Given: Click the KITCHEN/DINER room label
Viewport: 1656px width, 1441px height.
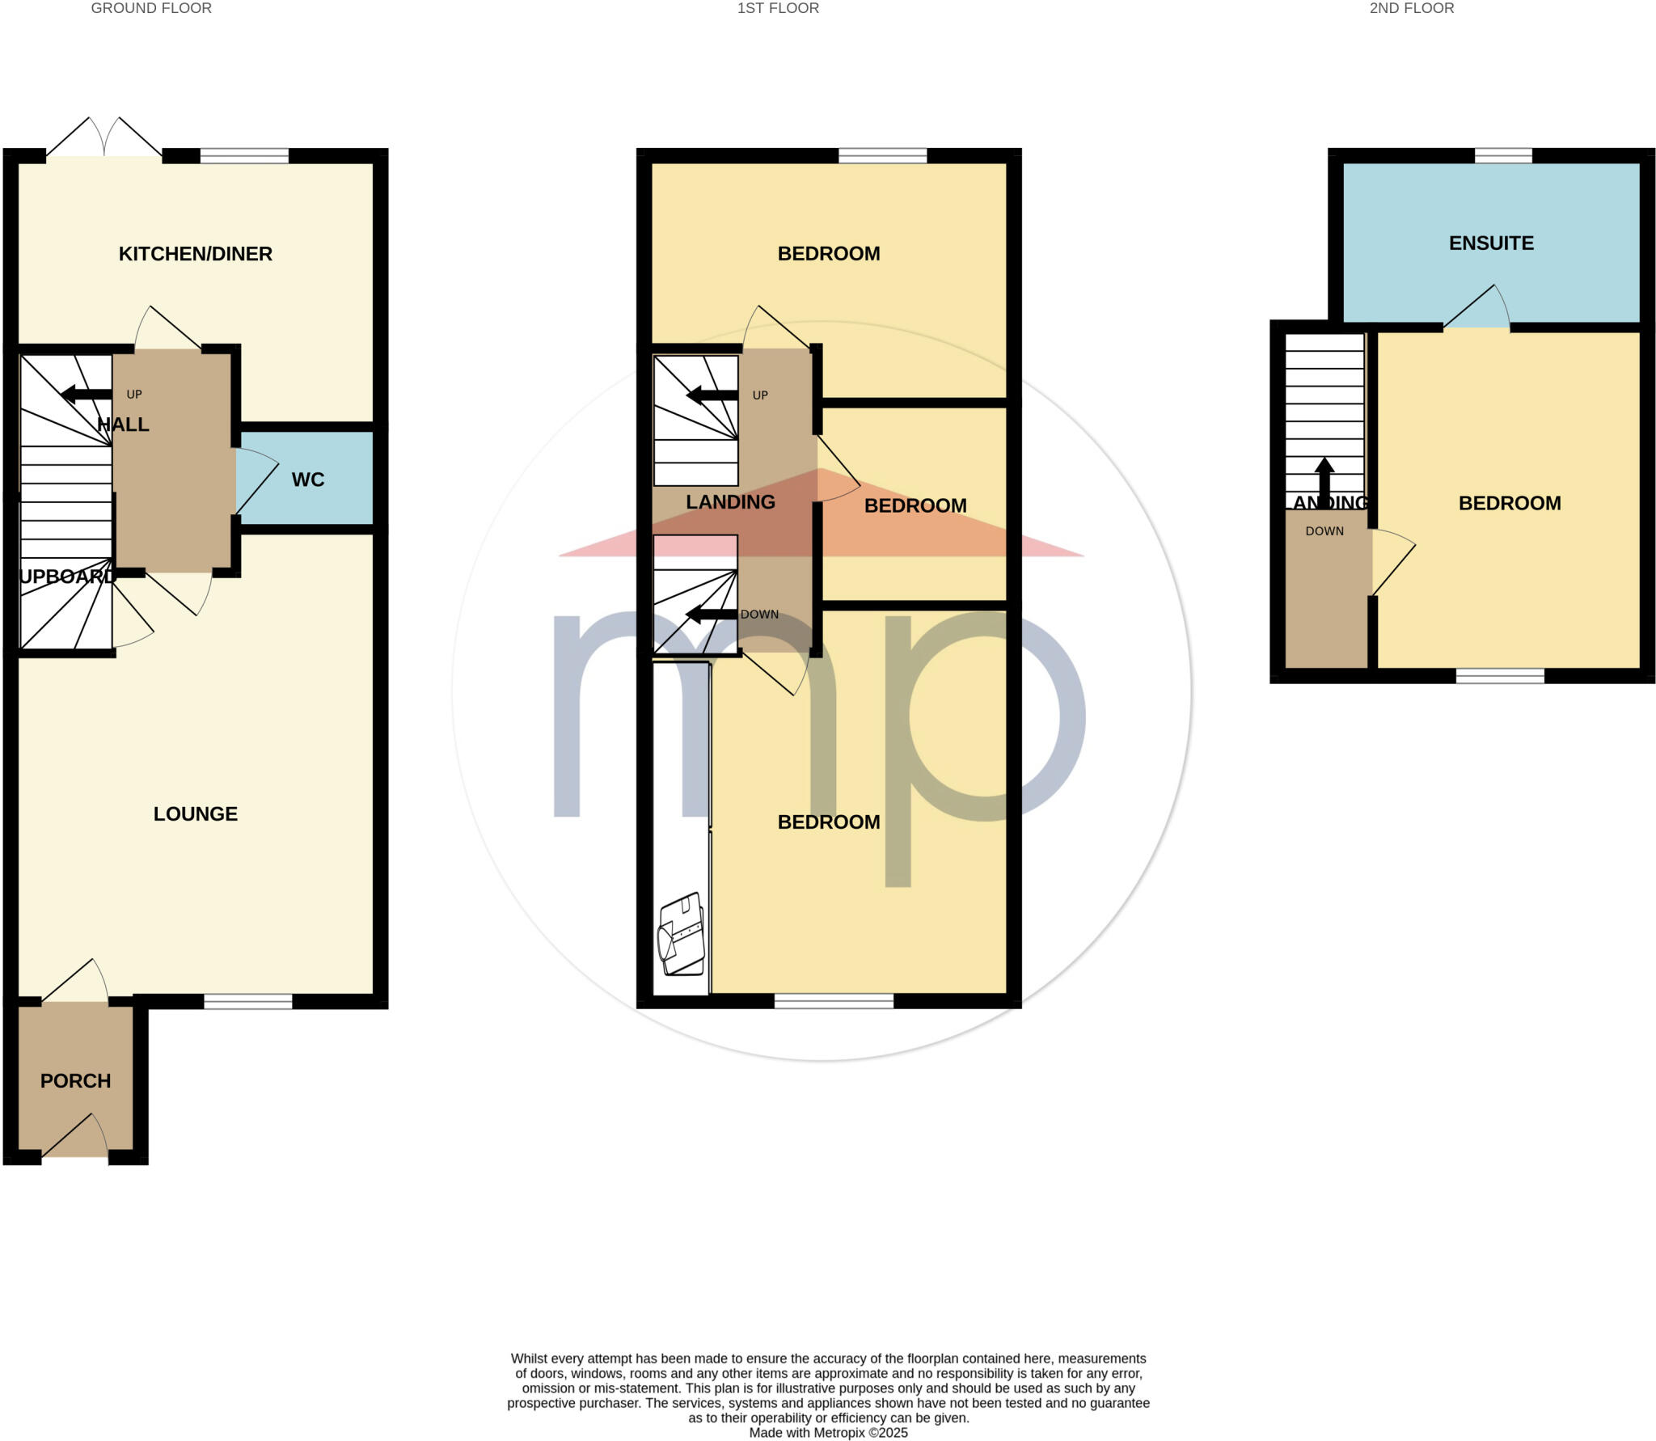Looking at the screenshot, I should [195, 254].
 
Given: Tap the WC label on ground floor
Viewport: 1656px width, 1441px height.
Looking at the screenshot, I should [307, 480].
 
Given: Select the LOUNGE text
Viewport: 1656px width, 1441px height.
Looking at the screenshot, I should [195, 813].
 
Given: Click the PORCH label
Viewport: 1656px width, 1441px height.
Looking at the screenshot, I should [75, 1080].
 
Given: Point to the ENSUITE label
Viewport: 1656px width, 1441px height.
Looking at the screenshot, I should [1490, 243].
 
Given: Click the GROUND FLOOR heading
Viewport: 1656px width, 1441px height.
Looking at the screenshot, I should [151, 8].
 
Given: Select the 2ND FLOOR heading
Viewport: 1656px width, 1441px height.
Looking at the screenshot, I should [1411, 8].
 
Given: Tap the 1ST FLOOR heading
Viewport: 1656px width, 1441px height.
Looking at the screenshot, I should [778, 8].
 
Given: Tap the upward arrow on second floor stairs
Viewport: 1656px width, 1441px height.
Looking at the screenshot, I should [1324, 481].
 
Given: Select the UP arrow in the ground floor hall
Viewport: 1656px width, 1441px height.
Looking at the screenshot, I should [87, 395].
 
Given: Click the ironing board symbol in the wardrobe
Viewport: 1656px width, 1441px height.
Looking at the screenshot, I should [681, 936].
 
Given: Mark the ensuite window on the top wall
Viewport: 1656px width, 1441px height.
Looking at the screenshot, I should [1502, 155].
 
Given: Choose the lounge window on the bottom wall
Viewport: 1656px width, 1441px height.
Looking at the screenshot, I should [247, 1002].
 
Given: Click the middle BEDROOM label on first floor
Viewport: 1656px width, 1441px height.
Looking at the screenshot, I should [915, 506].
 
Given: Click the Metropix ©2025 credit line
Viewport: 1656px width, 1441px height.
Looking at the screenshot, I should [828, 1432].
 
